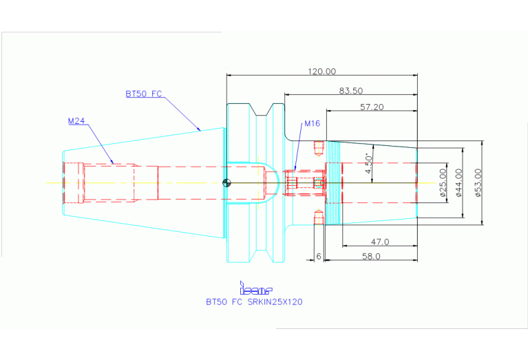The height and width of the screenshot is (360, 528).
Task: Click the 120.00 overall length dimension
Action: (322, 72)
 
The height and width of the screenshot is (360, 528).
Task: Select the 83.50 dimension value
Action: (350, 91)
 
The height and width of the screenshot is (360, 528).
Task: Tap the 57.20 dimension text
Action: (372, 107)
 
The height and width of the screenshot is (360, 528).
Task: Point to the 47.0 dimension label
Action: (380, 242)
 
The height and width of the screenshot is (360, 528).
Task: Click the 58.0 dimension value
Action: (371, 256)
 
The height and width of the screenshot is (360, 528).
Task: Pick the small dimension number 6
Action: (319, 256)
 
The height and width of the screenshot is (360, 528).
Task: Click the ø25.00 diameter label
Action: (443, 182)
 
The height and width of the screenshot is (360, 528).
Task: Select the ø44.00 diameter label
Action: (458, 182)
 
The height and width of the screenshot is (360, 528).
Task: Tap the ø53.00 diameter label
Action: (478, 182)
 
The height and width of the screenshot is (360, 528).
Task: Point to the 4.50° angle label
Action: (369, 163)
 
